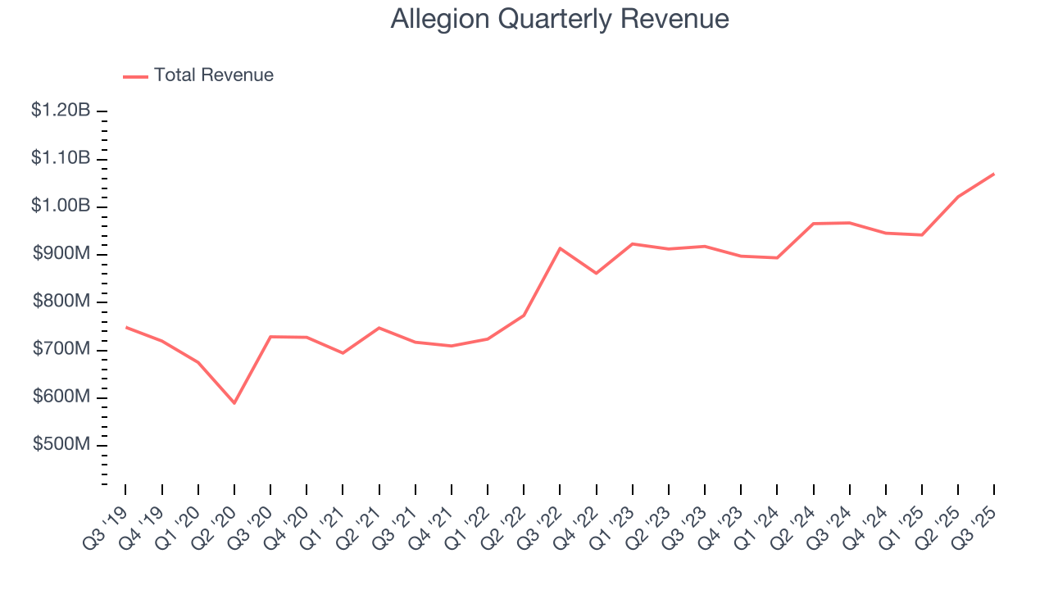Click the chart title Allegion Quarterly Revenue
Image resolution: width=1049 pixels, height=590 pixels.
(560, 19)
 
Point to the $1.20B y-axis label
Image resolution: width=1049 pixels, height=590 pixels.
(61, 110)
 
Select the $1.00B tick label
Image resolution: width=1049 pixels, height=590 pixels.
(61, 206)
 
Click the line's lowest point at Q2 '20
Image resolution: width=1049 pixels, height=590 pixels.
(234, 403)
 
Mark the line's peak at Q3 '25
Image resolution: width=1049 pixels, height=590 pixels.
(994, 174)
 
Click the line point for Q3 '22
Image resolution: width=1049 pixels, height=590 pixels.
(560, 247)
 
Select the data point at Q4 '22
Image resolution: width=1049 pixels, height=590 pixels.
(596, 273)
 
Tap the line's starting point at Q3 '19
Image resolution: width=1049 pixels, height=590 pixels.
(125, 327)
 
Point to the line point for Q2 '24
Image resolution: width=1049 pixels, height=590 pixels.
(813, 224)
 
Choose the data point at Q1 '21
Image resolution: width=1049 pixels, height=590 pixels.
(343, 353)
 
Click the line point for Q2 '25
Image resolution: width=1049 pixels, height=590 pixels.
(958, 197)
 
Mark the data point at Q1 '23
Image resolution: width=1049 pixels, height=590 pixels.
(632, 243)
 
